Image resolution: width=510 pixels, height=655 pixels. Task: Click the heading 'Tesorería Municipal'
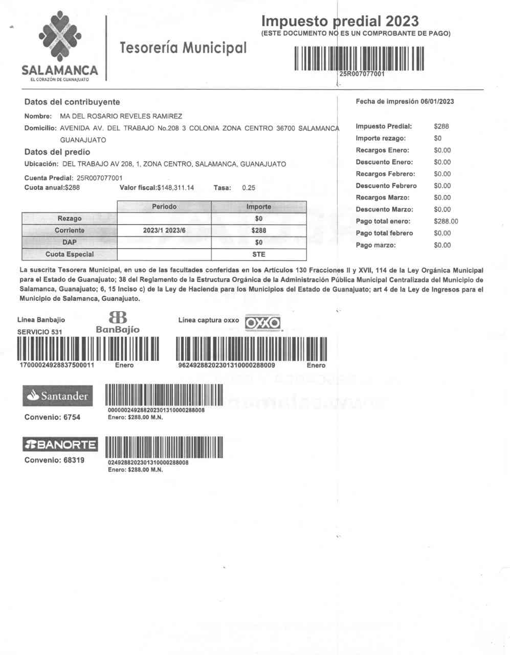183,48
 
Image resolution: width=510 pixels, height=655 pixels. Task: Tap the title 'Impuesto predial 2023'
340,21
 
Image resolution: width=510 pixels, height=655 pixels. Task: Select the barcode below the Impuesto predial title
359,58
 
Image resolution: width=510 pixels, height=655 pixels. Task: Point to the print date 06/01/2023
437,101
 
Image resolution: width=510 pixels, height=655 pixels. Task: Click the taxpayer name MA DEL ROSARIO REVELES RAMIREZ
121,116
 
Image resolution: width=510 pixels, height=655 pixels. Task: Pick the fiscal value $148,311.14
175,187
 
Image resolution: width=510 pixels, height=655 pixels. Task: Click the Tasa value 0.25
249,187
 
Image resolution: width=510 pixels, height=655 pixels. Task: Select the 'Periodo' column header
164,207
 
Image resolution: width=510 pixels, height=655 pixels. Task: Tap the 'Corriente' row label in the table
70,230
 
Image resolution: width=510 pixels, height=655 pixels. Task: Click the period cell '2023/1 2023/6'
164,230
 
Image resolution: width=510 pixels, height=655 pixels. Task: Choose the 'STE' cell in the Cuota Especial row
259,254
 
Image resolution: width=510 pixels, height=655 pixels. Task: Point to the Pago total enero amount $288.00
446,221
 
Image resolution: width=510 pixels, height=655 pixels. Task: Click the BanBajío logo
118,322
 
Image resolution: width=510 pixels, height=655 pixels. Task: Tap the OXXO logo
263,322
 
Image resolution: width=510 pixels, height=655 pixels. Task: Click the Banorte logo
60,444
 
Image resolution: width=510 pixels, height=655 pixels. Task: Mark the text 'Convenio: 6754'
52,417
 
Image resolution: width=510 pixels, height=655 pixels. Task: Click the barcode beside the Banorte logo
164,447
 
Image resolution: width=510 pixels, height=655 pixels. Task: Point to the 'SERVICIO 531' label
40,332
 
